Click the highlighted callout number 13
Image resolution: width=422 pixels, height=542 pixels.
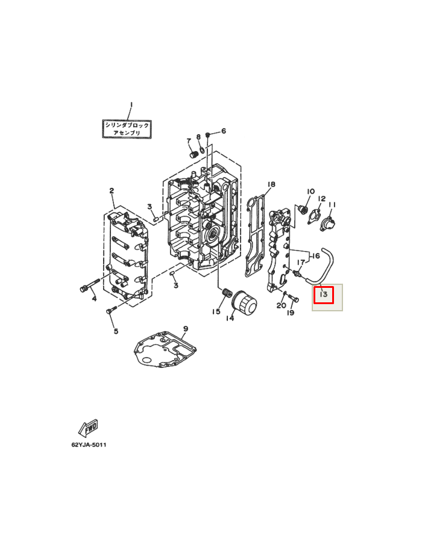pos(323,294)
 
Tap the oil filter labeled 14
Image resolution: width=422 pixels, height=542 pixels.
pos(244,303)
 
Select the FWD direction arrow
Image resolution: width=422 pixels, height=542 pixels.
pos(88,428)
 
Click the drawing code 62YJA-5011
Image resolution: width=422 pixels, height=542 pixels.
pos(89,444)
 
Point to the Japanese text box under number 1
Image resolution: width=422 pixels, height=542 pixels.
pos(127,129)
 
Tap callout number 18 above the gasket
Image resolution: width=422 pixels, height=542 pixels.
pos(271,184)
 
